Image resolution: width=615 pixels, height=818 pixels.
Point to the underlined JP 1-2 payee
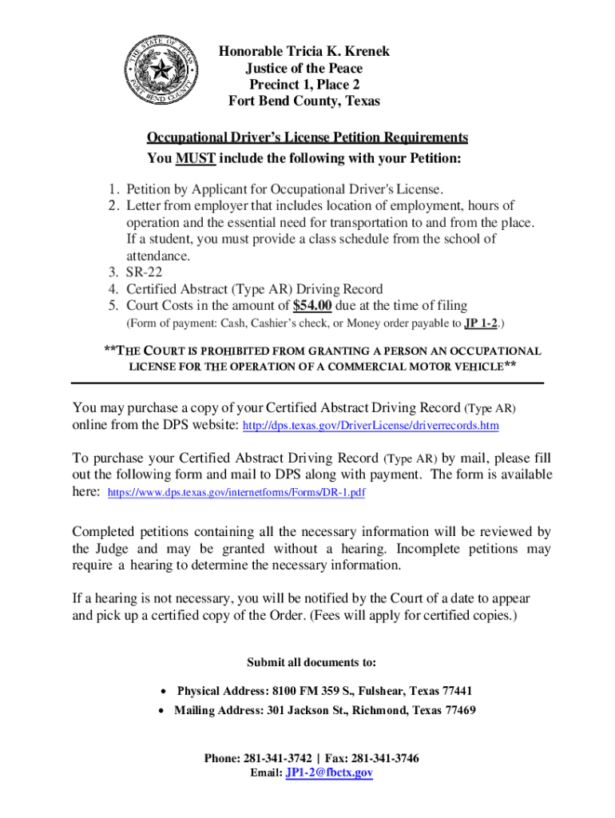click(x=481, y=324)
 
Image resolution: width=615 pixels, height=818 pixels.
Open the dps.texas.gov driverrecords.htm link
click(x=370, y=426)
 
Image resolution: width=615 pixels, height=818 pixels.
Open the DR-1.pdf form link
click(x=236, y=493)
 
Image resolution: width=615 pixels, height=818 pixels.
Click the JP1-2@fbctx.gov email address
click(x=329, y=773)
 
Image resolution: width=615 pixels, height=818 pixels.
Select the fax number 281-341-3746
click(x=387, y=758)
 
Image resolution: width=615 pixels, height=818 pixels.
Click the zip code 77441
click(x=456, y=690)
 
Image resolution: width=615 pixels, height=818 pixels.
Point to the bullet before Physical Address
click(x=163, y=691)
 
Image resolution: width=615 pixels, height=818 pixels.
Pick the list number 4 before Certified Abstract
click(x=113, y=289)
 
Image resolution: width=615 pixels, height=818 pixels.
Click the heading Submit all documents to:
click(x=311, y=662)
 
